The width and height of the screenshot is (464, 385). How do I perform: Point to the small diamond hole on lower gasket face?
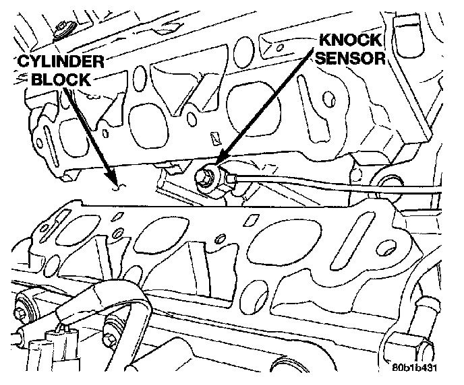tap(250, 219)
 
